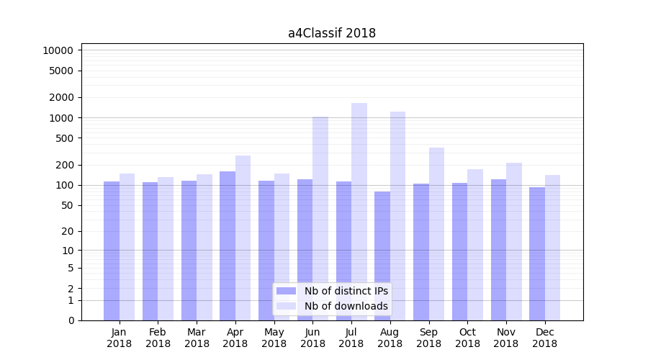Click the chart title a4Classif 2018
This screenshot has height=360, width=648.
(x=332, y=33)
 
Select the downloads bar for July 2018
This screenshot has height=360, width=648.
(x=359, y=212)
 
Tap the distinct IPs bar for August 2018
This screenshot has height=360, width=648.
(x=382, y=256)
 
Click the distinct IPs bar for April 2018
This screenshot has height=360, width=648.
(x=228, y=246)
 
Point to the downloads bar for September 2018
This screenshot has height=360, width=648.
(x=436, y=234)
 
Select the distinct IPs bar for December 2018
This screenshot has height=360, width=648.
(x=537, y=253)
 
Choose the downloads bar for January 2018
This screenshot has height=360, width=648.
(x=127, y=247)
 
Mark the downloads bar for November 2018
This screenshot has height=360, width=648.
(x=514, y=241)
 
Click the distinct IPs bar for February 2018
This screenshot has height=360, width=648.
(x=150, y=251)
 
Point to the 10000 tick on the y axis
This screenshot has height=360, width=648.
(x=58, y=50)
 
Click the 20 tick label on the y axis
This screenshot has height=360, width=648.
(x=68, y=231)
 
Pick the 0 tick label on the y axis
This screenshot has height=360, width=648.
(x=71, y=320)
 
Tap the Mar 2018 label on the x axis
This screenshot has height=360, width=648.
(x=197, y=338)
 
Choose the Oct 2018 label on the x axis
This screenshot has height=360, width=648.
(x=467, y=338)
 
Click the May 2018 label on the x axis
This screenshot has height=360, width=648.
(x=274, y=338)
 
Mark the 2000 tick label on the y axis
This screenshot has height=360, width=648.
(x=62, y=97)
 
